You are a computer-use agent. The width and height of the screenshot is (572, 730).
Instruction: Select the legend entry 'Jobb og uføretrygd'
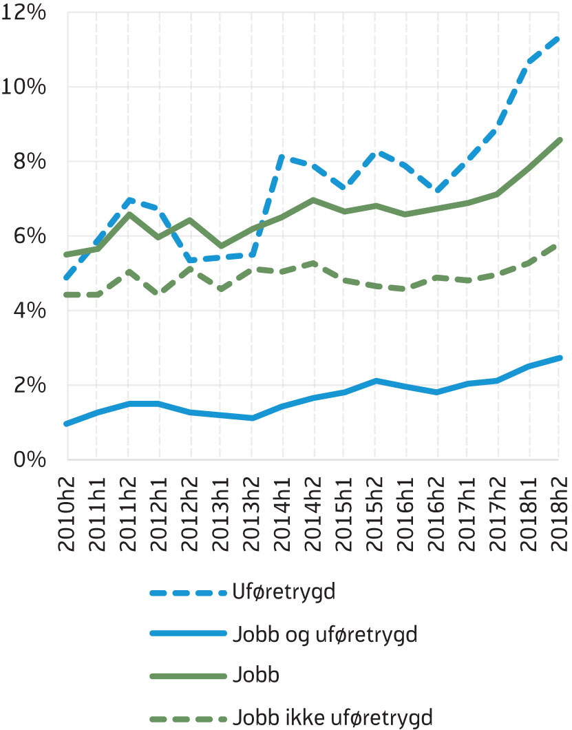pos(326,634)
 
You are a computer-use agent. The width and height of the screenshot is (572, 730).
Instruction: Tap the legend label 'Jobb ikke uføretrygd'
pos(333,718)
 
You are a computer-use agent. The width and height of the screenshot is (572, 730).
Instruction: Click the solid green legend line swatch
pos(188,676)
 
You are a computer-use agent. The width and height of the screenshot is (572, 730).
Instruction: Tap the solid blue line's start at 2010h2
pos(67,424)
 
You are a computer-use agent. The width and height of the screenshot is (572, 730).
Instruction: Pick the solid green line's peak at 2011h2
pos(129,214)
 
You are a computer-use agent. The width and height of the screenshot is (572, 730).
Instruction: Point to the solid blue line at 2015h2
pos(375,380)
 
